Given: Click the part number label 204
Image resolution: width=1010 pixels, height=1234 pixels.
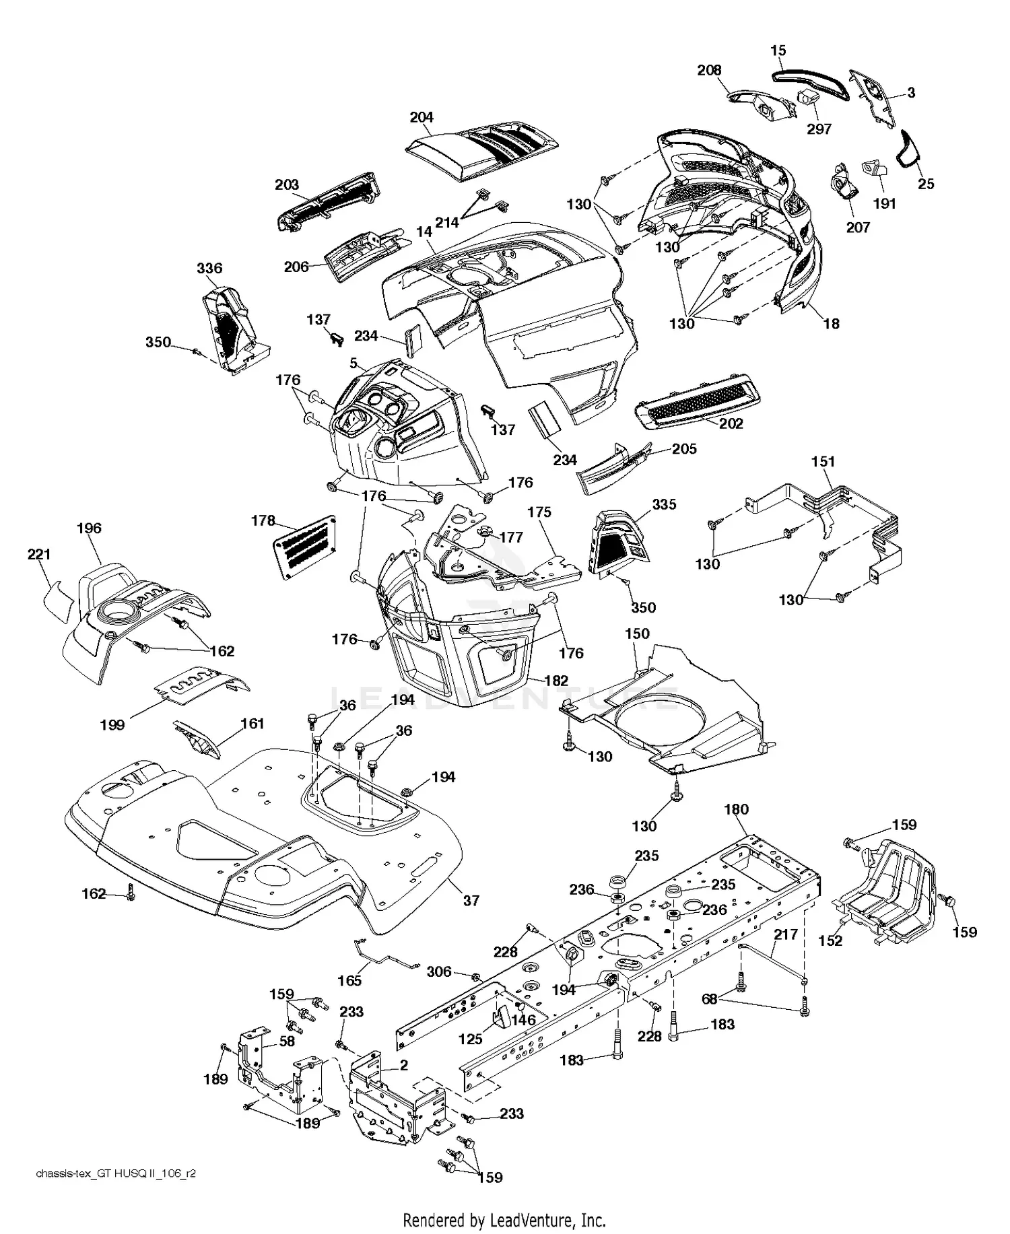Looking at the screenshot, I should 422,117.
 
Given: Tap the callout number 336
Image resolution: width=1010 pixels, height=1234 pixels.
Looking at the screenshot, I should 209,269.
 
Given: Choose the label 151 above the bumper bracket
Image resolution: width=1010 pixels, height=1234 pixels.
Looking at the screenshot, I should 823,462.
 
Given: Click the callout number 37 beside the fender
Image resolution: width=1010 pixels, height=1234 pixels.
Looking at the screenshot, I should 471,900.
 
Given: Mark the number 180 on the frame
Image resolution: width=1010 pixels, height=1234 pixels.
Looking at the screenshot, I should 736,809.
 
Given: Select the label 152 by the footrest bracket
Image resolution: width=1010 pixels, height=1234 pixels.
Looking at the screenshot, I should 830,940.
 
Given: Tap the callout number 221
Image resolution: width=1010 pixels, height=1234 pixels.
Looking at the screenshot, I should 39,554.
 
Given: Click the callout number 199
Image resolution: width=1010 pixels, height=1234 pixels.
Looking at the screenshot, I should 112,724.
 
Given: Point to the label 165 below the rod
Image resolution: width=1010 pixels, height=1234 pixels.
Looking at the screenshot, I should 349,980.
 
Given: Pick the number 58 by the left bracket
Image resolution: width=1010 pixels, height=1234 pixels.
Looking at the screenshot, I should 287,1041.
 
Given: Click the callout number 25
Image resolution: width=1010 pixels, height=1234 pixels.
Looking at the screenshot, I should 926,184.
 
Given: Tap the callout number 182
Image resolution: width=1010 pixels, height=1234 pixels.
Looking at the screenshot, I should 556,681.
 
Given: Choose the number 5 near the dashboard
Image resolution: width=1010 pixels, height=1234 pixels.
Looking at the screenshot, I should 353,364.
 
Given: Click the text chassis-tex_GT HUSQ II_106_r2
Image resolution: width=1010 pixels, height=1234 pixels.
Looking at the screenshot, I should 116,1173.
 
